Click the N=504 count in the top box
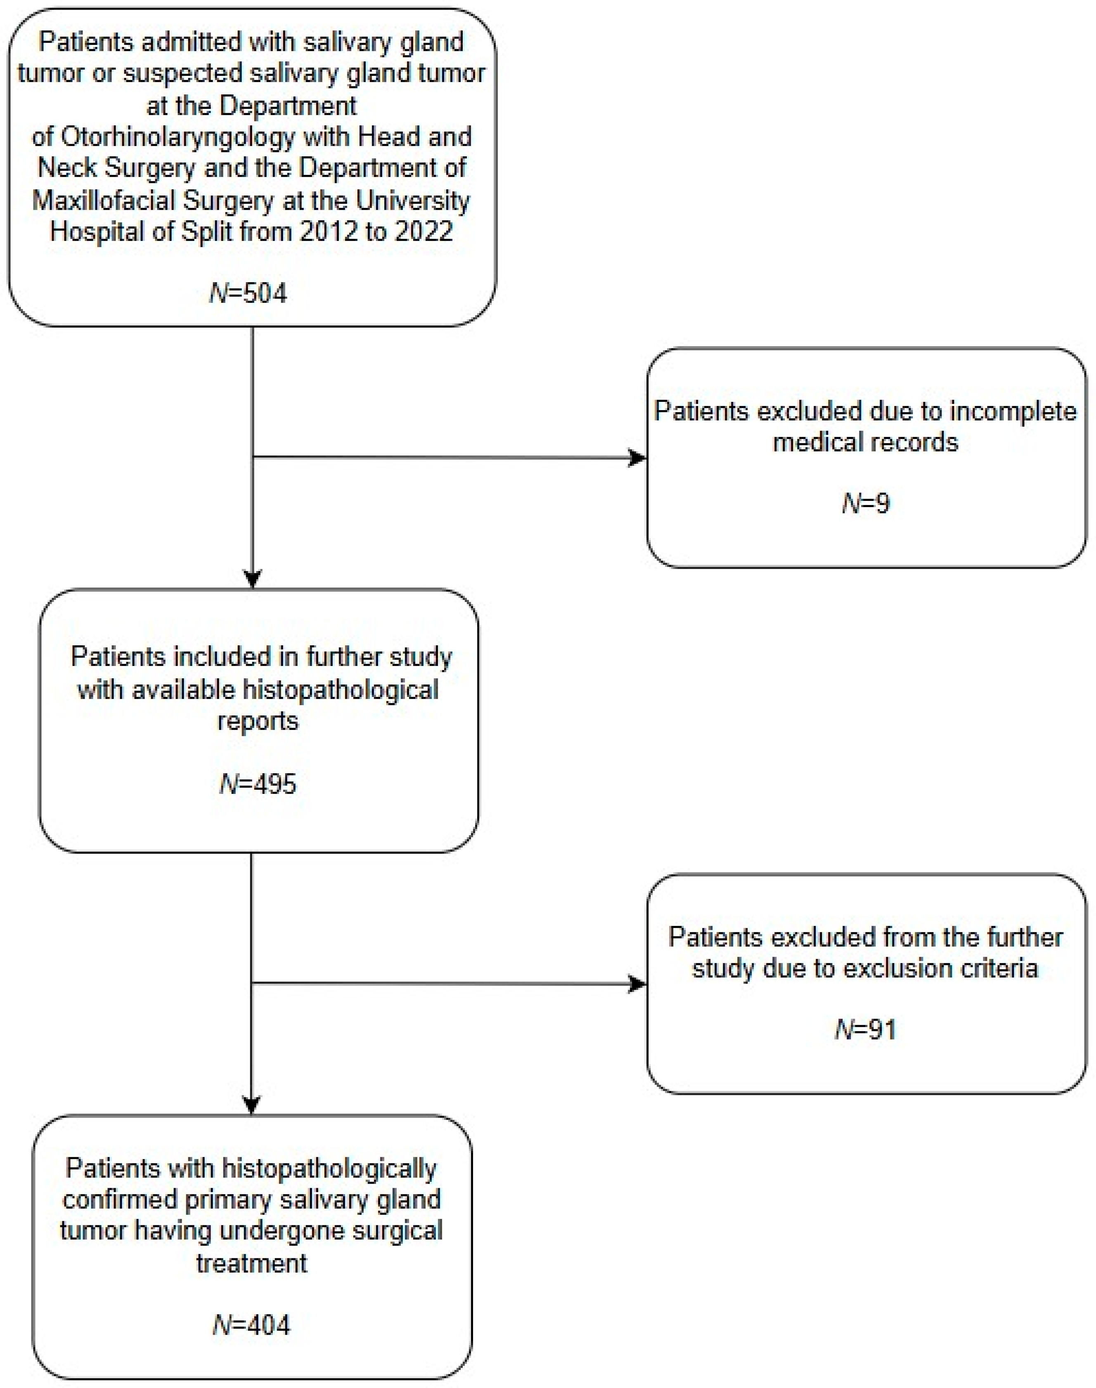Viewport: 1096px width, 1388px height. (x=249, y=293)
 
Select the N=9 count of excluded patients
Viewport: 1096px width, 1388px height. (x=866, y=503)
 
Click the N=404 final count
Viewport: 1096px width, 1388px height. (x=251, y=1324)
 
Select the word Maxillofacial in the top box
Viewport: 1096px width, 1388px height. (x=104, y=201)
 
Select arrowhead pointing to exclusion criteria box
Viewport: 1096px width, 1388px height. (x=637, y=984)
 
